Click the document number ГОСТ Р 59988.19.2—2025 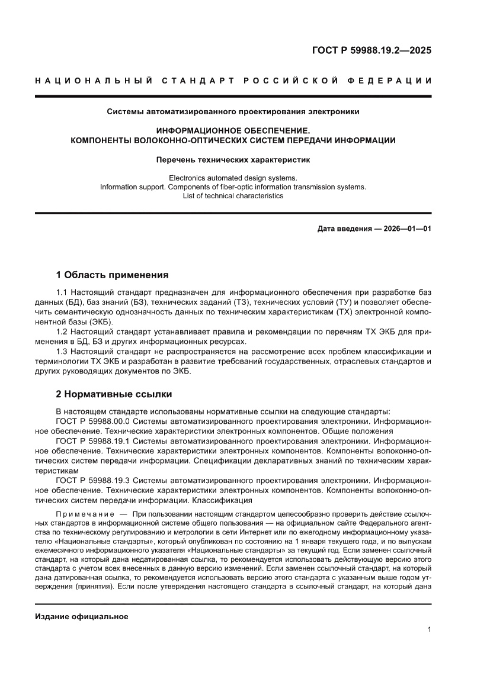[371, 50]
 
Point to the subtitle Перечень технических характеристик [233, 160]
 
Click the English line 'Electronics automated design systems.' [233, 178]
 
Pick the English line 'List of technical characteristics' [233, 195]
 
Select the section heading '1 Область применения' [112, 275]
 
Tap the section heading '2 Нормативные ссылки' [114, 394]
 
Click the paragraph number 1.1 [62, 293]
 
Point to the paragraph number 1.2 [62, 332]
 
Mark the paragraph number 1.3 [62, 352]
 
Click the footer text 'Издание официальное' [82, 616]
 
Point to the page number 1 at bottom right [428, 630]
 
